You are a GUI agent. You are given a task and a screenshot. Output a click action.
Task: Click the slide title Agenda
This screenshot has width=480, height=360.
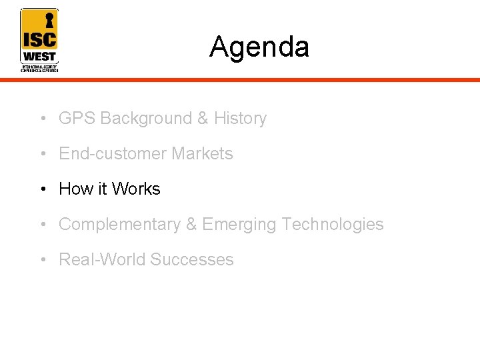[259, 47]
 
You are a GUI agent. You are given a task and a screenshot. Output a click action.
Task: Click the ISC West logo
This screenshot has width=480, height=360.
[39, 40]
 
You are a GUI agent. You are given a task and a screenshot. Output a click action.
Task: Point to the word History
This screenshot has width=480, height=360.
[240, 119]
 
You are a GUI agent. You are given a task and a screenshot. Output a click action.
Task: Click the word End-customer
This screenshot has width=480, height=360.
[113, 154]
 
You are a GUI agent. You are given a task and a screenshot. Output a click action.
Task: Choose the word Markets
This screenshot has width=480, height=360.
[202, 154]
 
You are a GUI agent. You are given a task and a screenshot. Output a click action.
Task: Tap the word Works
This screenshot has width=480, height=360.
[136, 189]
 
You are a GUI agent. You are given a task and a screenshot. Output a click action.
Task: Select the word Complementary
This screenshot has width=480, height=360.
[119, 225]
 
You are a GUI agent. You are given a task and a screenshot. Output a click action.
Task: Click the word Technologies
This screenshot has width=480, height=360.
[333, 225]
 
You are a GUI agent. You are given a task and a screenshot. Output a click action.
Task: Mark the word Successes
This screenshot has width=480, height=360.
[192, 260]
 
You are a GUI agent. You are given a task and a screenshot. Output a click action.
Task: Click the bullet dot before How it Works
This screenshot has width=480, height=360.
[42, 190]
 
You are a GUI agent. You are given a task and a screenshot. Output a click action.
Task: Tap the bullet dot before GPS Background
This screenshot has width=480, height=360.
[42, 119]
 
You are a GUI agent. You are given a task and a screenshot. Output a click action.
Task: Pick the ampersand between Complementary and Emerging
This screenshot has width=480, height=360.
[191, 225]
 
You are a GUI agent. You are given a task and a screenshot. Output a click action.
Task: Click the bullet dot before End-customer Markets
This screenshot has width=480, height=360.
[42, 155]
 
